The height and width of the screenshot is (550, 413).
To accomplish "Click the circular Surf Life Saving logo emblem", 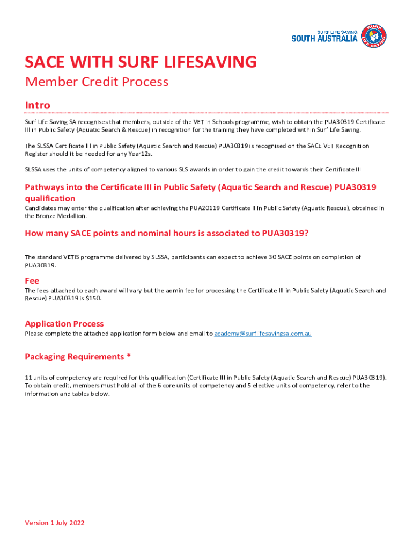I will (x=374, y=36).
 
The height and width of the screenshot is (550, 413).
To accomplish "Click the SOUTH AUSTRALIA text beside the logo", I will (x=324, y=38).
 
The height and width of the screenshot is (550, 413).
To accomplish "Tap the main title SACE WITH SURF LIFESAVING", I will (x=141, y=62).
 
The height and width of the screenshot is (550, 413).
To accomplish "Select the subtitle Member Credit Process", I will (x=97, y=82).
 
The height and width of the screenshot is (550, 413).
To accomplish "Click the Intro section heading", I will (x=38, y=105).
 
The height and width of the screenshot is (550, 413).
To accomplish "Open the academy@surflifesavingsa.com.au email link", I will (x=263, y=334).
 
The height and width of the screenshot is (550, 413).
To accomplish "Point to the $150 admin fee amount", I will (x=92, y=298).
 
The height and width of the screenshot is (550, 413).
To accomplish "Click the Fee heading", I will (x=32, y=280).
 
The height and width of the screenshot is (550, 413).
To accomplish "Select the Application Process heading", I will (x=64, y=324).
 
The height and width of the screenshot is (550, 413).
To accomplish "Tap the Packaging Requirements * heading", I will (x=78, y=357).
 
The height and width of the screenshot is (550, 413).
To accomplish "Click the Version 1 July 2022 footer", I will (x=55, y=523).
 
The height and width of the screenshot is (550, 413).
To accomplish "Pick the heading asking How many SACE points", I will (x=166, y=233).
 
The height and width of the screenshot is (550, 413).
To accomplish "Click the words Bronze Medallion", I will (x=61, y=216).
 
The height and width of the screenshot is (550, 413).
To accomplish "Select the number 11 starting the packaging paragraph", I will (x=28, y=377).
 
